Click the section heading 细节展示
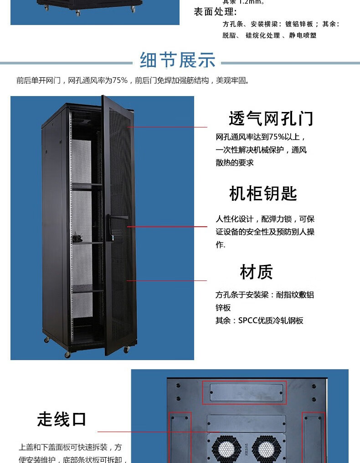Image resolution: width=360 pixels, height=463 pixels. pos(178,60)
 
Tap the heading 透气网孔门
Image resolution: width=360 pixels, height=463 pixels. pos(271,119)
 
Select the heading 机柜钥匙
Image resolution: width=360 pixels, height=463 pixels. pos(263,193)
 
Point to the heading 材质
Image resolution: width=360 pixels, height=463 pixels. pos(256,272)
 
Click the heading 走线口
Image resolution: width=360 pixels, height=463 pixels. pos(62,419)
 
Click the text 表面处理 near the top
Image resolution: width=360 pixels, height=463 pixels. pos(215,12)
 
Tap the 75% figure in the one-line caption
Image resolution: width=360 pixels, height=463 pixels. pos(120,81)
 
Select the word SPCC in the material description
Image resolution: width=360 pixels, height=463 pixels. pos(248,321)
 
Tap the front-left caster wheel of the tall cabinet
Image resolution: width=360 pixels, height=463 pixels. pos(67,354)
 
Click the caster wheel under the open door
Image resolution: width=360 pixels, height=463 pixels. pos(127,349)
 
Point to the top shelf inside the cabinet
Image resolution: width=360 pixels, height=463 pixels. pos(87,185)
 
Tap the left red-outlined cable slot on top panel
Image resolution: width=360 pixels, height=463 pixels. pos(179,437)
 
